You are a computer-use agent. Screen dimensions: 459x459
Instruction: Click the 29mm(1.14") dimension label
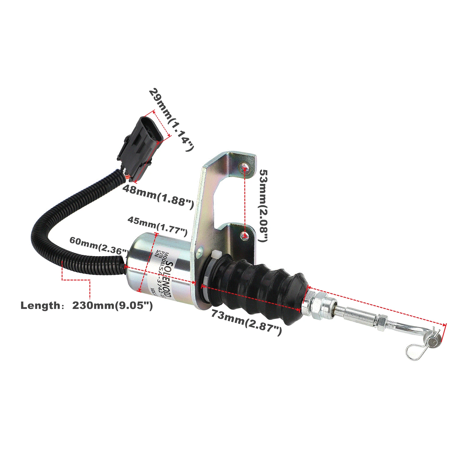coord(172,120)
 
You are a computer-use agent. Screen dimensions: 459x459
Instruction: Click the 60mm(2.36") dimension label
coord(98,245)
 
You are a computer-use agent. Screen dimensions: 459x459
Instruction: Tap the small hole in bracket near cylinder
coord(200,252)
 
